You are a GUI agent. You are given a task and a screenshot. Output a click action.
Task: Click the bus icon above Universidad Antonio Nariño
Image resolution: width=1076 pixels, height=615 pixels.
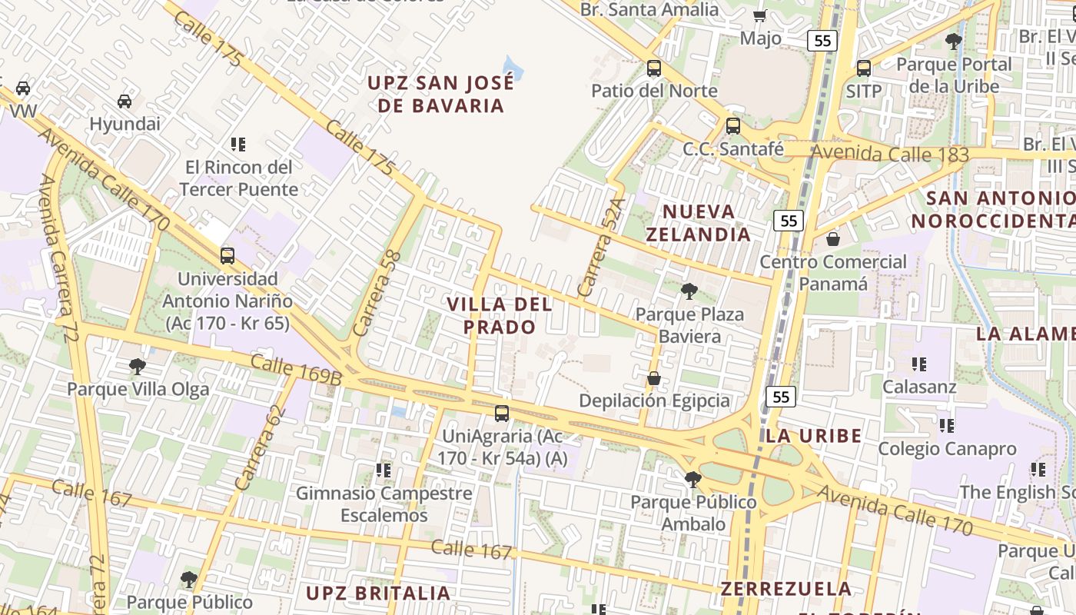tap(227, 255)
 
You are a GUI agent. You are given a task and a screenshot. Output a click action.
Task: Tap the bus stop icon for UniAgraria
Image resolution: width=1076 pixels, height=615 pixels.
tap(502, 414)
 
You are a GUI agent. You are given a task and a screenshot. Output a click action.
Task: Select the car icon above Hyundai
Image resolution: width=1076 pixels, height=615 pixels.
tap(125, 101)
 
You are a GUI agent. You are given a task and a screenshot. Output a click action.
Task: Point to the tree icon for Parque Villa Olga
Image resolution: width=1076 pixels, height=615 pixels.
tap(138, 366)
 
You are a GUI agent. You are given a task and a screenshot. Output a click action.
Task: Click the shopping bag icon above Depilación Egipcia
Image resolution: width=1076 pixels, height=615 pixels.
tap(653, 378)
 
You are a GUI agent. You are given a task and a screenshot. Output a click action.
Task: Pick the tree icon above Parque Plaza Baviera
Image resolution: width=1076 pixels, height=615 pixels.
tap(689, 291)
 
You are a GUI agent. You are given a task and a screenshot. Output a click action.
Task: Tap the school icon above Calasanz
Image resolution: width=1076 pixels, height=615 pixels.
tap(918, 364)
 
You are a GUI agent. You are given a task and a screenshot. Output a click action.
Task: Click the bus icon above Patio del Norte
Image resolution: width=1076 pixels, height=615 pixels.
tap(654, 68)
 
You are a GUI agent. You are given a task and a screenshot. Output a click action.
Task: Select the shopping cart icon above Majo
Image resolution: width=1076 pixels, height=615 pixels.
tap(760, 15)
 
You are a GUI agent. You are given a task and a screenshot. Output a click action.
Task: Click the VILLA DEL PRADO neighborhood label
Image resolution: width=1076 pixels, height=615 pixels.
tap(500, 315)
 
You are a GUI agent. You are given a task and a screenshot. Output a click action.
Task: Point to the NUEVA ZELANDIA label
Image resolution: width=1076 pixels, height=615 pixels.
tap(698, 223)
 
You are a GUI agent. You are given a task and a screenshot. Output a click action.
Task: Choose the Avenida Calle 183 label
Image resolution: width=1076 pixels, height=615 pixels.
tap(890, 153)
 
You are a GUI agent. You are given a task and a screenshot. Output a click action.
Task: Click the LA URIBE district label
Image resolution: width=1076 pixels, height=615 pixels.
tap(813, 437)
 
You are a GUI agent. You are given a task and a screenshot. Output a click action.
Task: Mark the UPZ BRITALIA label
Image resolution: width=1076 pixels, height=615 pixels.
tap(378, 593)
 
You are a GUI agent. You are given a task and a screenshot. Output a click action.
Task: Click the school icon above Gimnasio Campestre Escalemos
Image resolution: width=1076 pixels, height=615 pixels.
tap(383, 469)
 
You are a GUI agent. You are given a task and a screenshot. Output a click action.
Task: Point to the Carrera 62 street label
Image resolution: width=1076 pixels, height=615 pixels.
tap(260, 448)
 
